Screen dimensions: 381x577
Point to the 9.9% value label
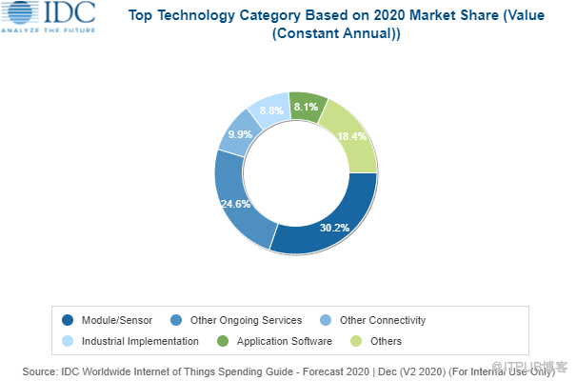tap(238, 135)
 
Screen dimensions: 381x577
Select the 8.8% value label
tap(270, 111)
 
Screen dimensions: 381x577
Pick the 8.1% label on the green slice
tap(306, 108)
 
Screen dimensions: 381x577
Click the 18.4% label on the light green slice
tap(349, 137)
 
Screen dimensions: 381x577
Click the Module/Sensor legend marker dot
tap(66, 320)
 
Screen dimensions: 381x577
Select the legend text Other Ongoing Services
tap(248, 320)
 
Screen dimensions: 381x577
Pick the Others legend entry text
tap(388, 340)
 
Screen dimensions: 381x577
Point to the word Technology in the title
tap(195, 14)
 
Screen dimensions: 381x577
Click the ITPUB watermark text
tap(534, 367)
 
